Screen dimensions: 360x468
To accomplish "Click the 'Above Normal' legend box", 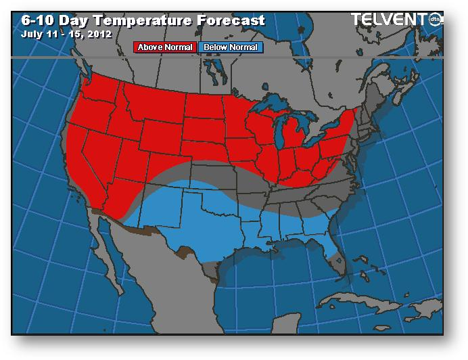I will click(166, 47).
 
